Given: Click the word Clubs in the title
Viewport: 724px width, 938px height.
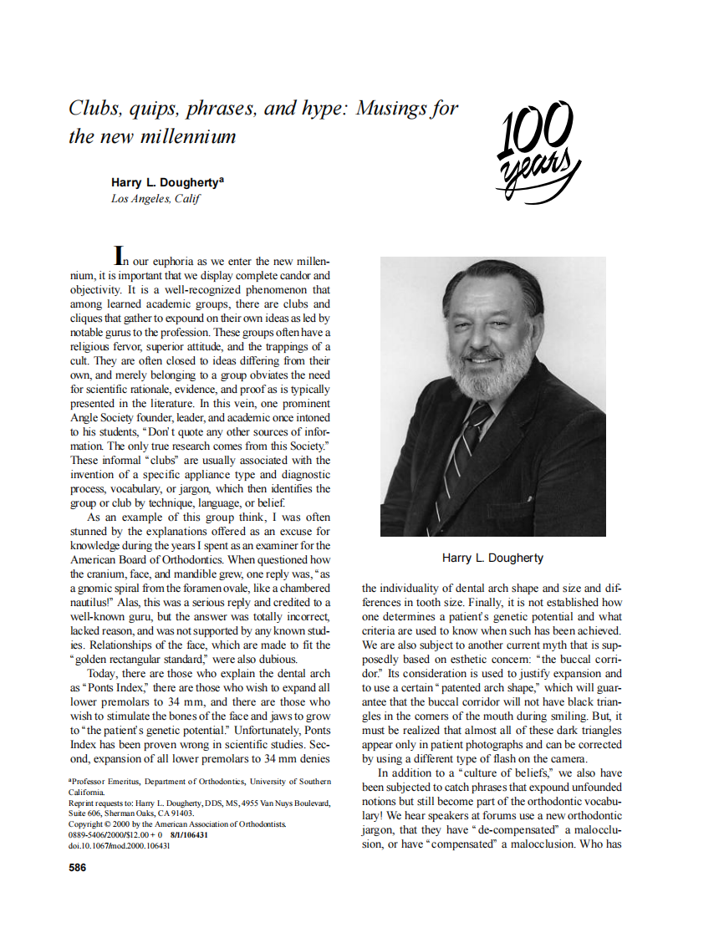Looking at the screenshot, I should tap(93, 109).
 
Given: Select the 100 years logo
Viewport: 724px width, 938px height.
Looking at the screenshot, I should tap(538, 151).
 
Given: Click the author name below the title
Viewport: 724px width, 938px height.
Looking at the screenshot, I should tap(166, 182).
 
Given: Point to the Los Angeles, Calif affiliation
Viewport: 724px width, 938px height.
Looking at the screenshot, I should tap(156, 199).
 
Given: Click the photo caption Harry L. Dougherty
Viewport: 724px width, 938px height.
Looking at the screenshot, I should tap(492, 558).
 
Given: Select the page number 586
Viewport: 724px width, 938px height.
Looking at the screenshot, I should tap(78, 868).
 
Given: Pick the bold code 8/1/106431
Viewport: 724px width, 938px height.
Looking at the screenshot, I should tap(189, 834).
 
